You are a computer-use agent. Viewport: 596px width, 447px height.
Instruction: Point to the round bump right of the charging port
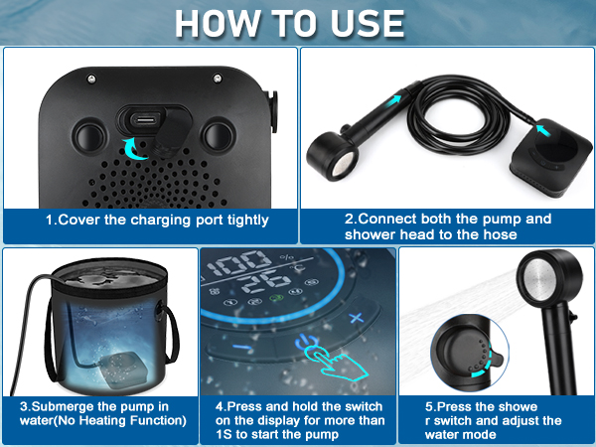(217, 133)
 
